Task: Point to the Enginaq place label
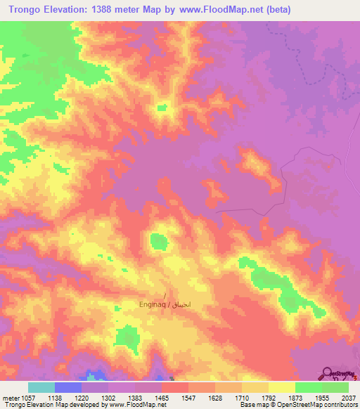click(x=154, y=306)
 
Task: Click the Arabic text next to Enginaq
click(x=186, y=306)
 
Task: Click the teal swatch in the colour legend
click(x=41, y=387)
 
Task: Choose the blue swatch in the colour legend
click(x=68, y=387)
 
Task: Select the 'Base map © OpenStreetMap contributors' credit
click(x=298, y=405)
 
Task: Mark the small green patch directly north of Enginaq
click(x=159, y=242)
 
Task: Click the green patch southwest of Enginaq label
click(x=128, y=338)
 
